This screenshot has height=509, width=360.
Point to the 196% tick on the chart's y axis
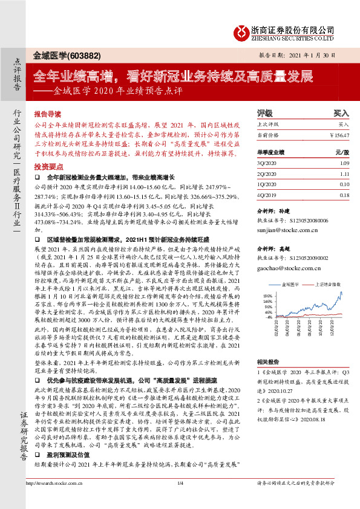coord(263,295)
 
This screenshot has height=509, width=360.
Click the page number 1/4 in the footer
coord(180,499)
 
